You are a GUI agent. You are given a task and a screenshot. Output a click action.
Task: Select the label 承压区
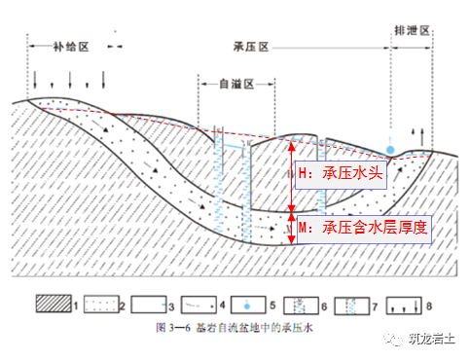click(251, 46)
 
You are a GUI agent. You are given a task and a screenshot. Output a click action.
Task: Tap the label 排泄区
click(409, 29)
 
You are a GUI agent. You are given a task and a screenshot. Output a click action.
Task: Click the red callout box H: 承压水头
click(342, 174)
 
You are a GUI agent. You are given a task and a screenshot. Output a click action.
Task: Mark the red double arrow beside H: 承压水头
click(291, 175)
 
